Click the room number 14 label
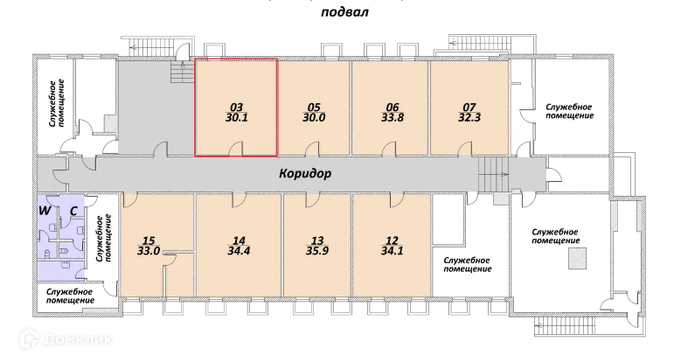pos(238,240)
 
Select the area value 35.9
pos(316,251)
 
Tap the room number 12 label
pos(392,240)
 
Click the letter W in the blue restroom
pos(41,210)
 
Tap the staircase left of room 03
pos(182,74)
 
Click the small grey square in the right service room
pos(576,259)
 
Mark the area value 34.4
pos(238,251)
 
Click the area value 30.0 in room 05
pos(315,119)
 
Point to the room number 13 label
pos(316,240)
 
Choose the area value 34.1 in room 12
pos(392,251)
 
